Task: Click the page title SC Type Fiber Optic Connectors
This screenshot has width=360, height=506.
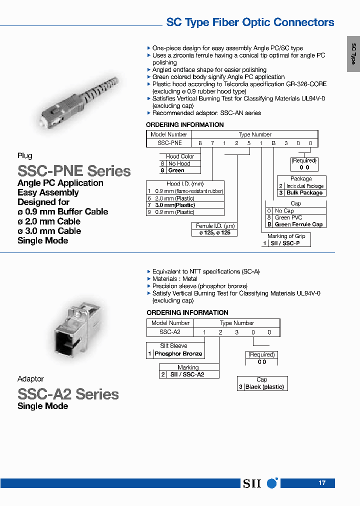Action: pos(250,22)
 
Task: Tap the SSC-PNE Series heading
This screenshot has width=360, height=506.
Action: pos(74,171)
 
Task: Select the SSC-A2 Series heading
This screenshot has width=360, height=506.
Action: pos(68,394)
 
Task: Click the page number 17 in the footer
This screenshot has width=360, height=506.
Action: pos(322,483)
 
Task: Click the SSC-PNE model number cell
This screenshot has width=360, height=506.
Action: pos(169,142)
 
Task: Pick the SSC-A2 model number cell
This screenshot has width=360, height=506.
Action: pos(169,332)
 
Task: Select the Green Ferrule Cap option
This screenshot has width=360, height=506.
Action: pos(298,224)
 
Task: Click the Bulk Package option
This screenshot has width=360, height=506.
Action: pos(304,193)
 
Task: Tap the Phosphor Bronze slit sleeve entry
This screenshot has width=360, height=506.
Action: pos(178,354)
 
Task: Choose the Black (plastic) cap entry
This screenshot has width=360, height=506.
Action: pos(264,387)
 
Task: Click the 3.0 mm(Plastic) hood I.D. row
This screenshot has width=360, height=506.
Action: pos(175,205)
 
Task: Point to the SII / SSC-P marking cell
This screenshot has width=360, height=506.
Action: pos(287,243)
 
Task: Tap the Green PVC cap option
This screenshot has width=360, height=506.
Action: pos(289,217)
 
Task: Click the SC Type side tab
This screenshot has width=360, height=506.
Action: pos(353,54)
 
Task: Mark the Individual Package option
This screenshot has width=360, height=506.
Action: pos(304,186)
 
